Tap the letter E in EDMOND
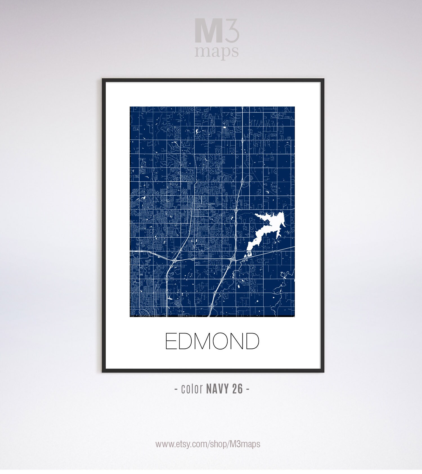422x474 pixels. (x=170, y=341)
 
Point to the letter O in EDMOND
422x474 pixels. (x=224, y=341)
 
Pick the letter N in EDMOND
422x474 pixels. (x=240, y=341)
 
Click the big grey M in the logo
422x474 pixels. (x=208, y=31)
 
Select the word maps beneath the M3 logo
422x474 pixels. (x=217, y=52)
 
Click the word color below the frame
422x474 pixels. (x=192, y=389)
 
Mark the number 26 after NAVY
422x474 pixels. (x=238, y=389)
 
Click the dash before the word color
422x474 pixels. (x=176, y=389)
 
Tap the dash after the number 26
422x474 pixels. (x=248, y=389)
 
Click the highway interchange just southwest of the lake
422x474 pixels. (x=233, y=258)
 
